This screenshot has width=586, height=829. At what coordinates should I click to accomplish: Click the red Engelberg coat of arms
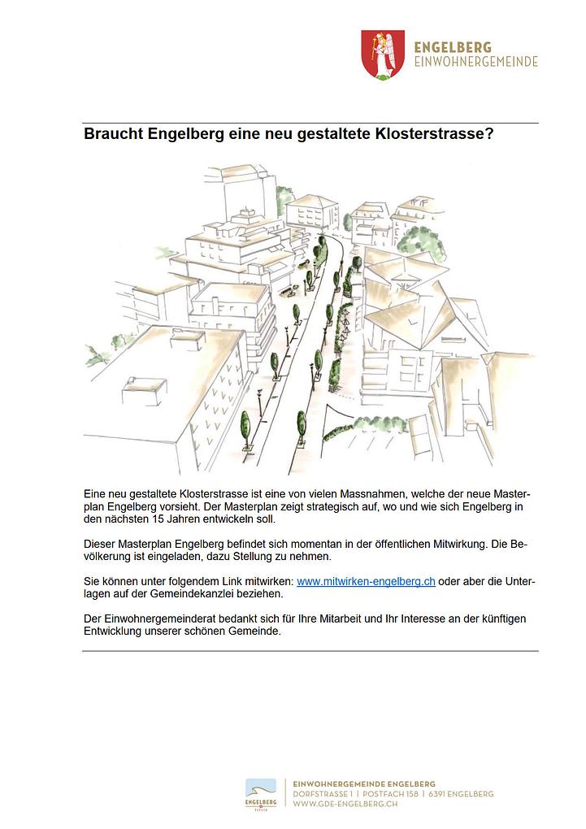382,54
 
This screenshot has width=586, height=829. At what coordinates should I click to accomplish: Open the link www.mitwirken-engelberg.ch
366,582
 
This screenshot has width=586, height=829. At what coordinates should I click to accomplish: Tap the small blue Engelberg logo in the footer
261,793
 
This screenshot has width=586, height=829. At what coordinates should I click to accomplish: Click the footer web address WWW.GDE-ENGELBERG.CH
345,805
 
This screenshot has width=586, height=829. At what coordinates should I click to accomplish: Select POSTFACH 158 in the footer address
388,794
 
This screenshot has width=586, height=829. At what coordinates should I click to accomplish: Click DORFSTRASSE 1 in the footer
321,794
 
